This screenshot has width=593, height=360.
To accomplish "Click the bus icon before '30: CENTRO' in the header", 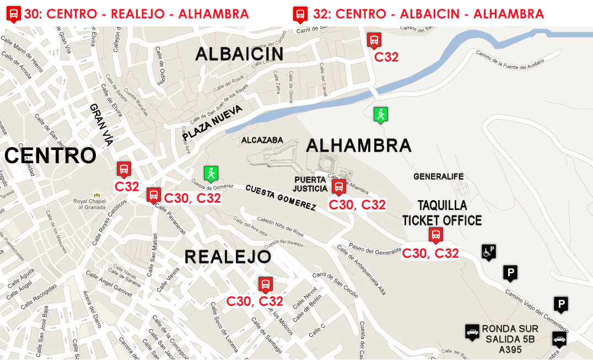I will (14, 14).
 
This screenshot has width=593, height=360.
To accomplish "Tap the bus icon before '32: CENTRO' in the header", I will (300, 14).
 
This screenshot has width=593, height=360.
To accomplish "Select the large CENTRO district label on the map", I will (50, 156).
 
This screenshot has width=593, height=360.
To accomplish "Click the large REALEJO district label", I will (227, 256).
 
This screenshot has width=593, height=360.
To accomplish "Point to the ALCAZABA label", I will (262, 140).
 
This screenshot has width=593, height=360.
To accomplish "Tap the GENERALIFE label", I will (439, 176).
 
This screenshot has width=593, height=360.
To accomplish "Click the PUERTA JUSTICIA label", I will (311, 184).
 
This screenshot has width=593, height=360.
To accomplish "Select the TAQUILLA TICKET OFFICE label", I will (442, 213).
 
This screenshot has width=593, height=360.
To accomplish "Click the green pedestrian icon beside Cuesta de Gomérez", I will (210, 174).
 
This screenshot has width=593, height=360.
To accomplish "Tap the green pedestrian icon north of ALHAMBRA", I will (380, 115).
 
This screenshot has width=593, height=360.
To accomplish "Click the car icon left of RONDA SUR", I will (472, 332).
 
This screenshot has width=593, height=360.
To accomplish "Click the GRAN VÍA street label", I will (101, 125).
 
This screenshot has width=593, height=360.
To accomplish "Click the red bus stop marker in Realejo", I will (265, 284).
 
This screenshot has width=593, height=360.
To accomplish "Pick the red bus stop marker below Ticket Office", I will (435, 235).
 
